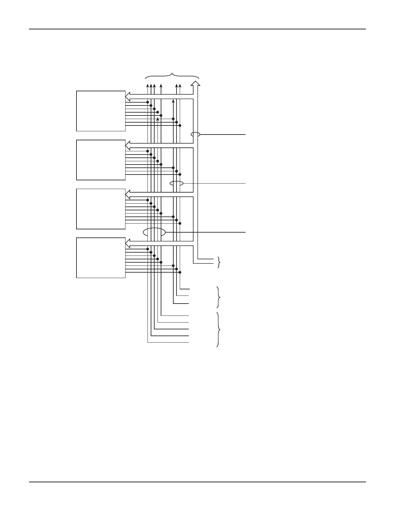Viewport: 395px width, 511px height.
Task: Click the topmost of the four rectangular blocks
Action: (x=101, y=111)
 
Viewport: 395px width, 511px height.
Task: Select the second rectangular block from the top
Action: (x=101, y=160)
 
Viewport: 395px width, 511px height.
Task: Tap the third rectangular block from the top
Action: (x=101, y=209)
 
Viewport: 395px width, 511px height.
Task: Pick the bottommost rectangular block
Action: (x=101, y=258)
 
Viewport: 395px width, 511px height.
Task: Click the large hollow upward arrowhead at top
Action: (x=196, y=84)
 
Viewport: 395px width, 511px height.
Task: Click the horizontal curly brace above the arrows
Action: (x=172, y=75)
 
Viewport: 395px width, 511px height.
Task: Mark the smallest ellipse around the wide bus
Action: (x=196, y=134)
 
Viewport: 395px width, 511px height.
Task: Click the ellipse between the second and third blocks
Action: (x=177, y=183)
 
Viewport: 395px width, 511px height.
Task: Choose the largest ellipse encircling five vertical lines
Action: (x=154, y=232)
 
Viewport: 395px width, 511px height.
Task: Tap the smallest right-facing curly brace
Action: (x=219, y=262)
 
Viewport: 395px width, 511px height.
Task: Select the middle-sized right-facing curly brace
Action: (x=219, y=297)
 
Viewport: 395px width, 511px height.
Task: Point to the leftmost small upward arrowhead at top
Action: (x=147, y=86)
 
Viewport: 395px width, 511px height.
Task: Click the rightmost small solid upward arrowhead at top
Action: (x=180, y=86)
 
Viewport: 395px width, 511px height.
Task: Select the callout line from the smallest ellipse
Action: (x=223, y=134)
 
